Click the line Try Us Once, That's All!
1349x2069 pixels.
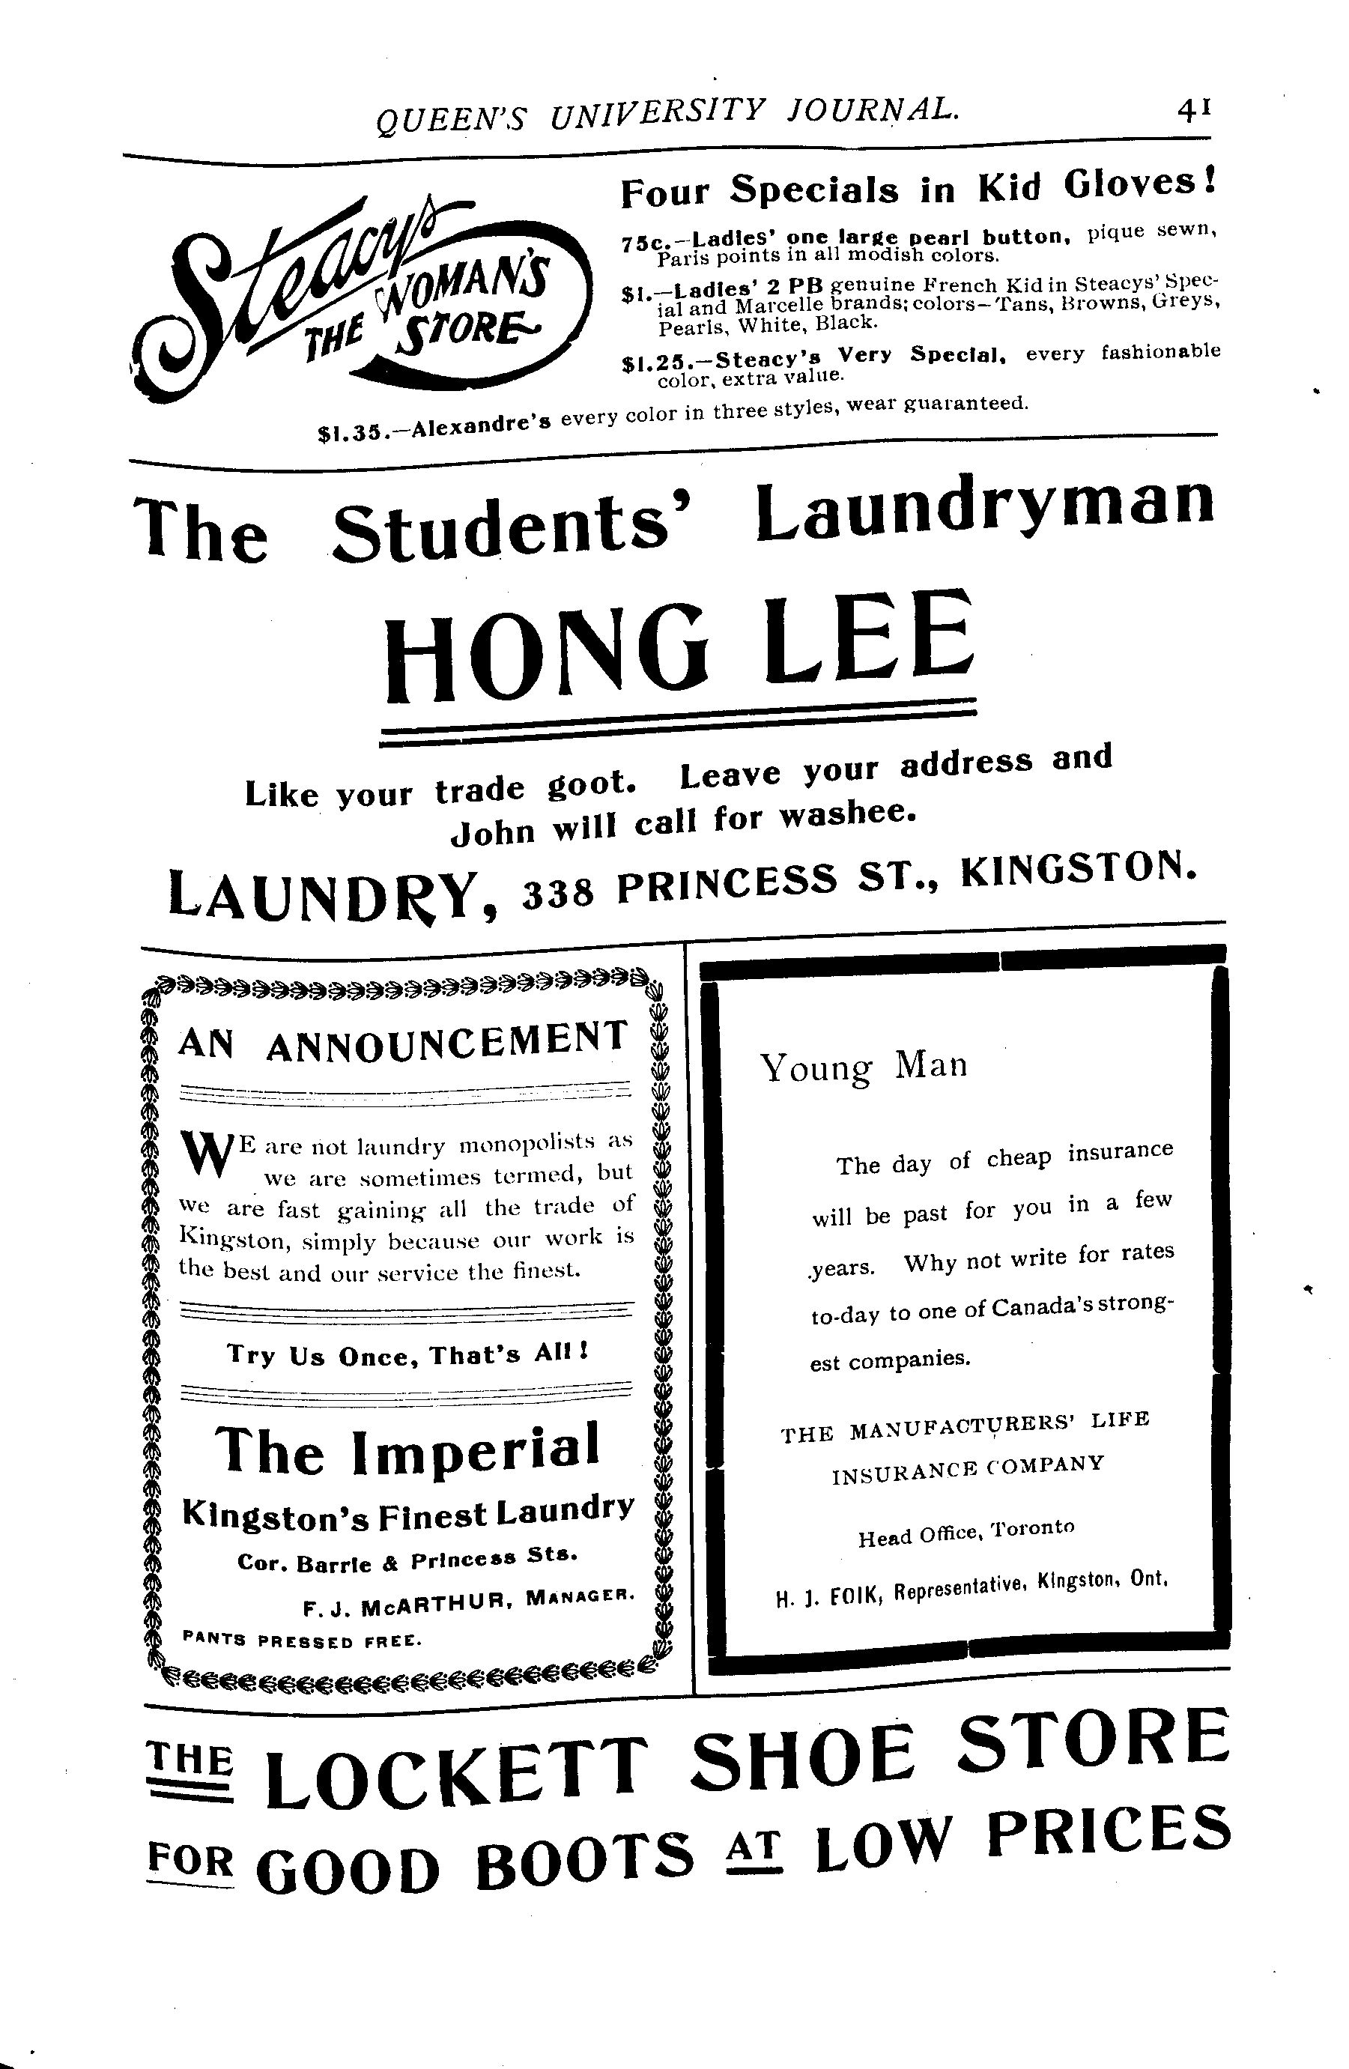[x=407, y=1354]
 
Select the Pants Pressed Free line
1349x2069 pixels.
[x=303, y=1641]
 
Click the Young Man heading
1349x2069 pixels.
[x=863, y=1067]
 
